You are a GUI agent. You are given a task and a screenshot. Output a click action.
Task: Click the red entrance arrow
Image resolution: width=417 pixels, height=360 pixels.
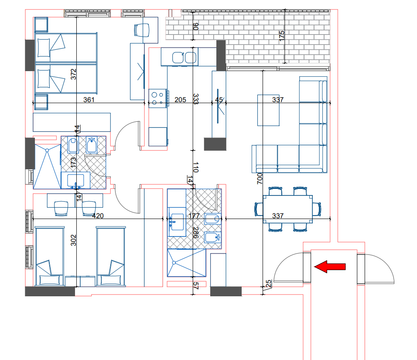tap(330, 267)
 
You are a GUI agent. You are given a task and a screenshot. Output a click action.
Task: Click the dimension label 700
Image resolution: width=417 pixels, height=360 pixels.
tap(260, 178)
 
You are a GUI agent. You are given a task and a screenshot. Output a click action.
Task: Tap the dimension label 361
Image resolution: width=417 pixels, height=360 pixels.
tap(89, 100)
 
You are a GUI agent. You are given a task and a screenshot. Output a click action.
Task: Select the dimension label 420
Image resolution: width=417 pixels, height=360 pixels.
tap(98, 216)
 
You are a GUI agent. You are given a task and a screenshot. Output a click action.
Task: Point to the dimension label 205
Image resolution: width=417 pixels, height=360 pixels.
tap(180, 100)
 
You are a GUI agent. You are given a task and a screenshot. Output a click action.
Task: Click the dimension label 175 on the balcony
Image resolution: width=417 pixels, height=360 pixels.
tap(282, 36)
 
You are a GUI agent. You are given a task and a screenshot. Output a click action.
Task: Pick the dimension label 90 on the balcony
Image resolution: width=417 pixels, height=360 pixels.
tap(196, 27)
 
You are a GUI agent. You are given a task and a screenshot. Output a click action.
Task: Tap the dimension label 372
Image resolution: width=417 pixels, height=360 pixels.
tap(73, 74)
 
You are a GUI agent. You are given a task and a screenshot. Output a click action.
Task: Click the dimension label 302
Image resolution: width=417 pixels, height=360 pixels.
tap(73, 240)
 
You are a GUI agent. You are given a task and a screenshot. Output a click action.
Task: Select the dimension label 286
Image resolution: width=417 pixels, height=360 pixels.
tap(196, 233)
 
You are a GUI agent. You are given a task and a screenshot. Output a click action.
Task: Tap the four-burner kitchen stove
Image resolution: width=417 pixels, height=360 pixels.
tap(158, 98)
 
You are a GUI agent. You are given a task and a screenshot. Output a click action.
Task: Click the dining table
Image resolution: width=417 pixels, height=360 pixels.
tap(288, 209)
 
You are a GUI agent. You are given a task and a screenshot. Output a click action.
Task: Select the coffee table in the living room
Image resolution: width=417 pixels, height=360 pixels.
tap(268, 110)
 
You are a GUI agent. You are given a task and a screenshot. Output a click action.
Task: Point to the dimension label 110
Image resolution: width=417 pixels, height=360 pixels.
tap(196, 167)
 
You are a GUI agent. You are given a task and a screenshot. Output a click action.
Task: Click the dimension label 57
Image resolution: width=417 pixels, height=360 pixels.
tap(196, 286)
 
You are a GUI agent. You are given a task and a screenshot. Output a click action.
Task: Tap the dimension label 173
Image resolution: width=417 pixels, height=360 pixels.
tap(73, 163)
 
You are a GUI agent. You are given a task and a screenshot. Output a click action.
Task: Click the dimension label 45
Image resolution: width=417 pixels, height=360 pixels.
tap(219, 100)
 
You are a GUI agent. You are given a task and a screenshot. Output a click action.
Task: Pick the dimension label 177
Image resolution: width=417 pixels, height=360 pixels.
tap(194, 216)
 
